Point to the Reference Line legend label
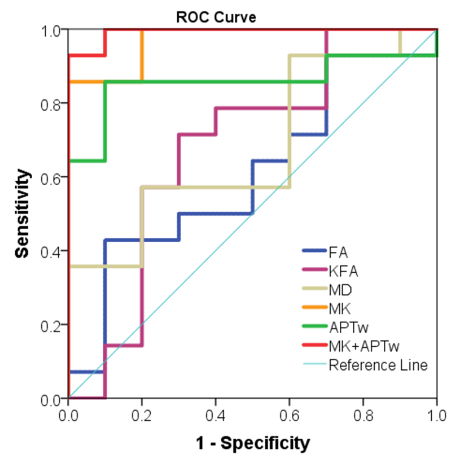click(378, 365)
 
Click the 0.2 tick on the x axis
click(142, 416)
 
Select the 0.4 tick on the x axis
click(216, 416)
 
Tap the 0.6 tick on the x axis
click(289, 416)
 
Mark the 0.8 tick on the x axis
click(363, 416)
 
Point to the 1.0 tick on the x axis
click(436, 416)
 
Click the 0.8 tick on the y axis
click(52, 103)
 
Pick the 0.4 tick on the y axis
click(52, 251)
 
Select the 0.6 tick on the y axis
click(52, 177)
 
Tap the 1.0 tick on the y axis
click(52, 29)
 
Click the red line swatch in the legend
click(314, 346)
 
